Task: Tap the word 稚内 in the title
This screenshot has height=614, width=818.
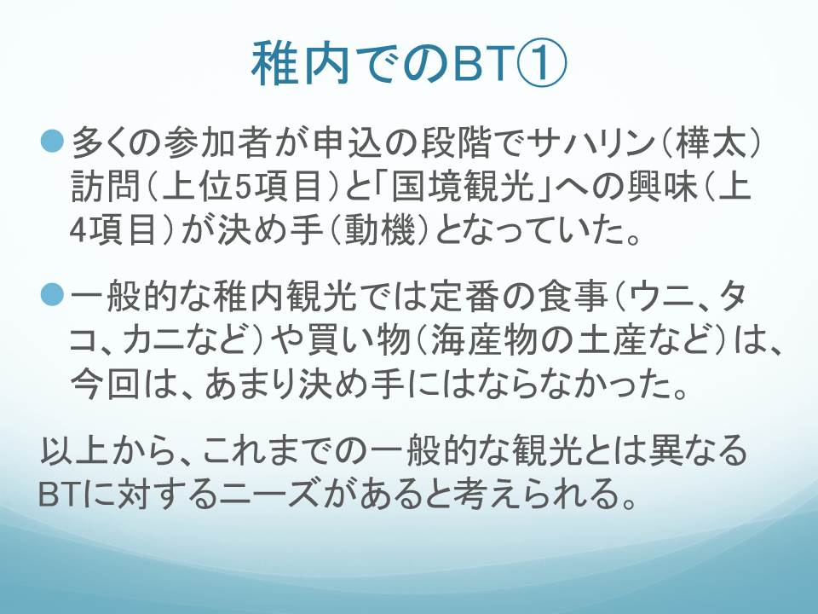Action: [x=300, y=63]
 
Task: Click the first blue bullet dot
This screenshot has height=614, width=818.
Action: [x=52, y=142]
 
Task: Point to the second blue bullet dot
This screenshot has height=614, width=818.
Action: [x=52, y=296]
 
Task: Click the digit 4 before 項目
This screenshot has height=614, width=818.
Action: [x=78, y=230]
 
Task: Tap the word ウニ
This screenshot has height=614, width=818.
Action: [x=662, y=297]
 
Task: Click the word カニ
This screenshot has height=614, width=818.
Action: [x=156, y=340]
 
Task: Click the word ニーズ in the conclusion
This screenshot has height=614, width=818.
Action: [x=268, y=494]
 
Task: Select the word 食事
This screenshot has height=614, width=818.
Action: [x=573, y=297]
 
